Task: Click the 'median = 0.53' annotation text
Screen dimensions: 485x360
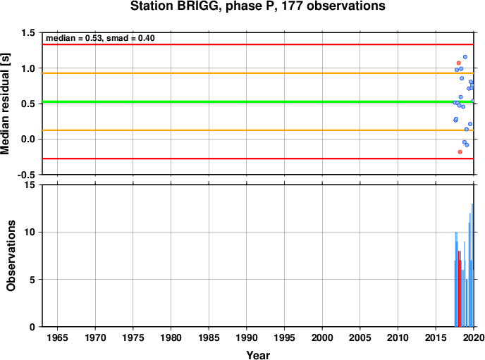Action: (74, 38)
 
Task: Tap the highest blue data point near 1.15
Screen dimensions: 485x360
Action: (465, 57)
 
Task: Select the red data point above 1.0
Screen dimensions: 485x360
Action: (459, 63)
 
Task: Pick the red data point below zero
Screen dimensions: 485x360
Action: (460, 151)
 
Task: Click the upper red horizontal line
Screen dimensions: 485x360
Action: (258, 44)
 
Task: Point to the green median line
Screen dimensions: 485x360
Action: (258, 101)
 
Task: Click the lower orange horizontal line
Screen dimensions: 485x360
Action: (258, 130)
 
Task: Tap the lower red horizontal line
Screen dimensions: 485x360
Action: (258, 159)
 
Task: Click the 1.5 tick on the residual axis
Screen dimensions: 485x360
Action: (27, 32)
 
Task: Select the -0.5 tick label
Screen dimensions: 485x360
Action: (26, 175)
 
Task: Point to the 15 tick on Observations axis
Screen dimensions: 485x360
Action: (30, 185)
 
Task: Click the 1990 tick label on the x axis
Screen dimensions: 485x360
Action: (247, 337)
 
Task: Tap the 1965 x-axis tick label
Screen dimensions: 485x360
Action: (57, 337)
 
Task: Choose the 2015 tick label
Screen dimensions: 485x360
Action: (436, 337)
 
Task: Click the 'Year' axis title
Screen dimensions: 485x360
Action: (258, 355)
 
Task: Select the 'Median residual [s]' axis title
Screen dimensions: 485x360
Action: (5, 104)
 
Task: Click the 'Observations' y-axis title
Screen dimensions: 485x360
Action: (11, 256)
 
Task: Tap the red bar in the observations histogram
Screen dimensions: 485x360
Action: (460, 289)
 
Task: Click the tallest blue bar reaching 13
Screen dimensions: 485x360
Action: (472, 265)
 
